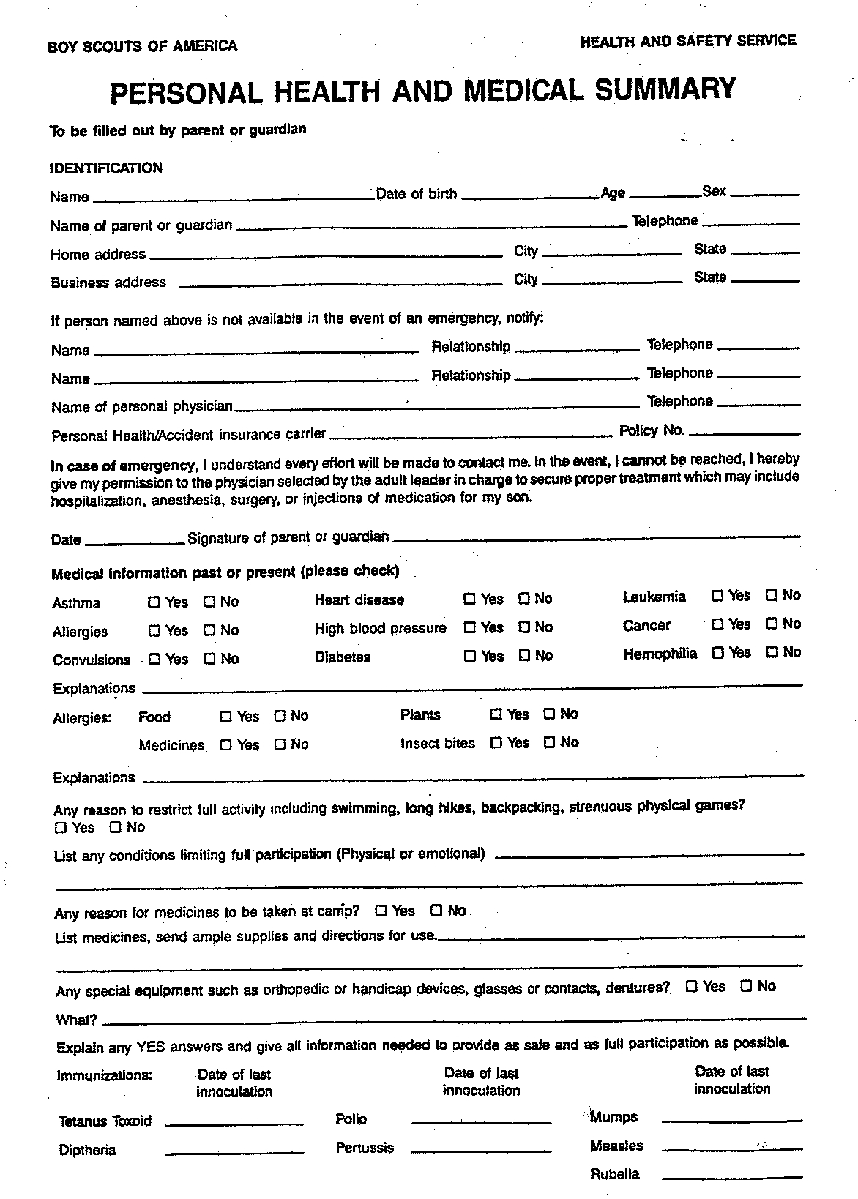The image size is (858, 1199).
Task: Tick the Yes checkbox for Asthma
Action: coord(154,602)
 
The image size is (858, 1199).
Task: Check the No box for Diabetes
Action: coord(524,655)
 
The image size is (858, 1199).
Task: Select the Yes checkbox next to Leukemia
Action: coord(717,595)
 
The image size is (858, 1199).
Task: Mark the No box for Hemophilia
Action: coord(771,651)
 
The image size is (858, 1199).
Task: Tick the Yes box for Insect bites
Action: coord(496,743)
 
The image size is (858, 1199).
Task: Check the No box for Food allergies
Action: coord(280,716)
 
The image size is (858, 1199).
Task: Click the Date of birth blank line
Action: coord(530,196)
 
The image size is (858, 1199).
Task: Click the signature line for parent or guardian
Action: coord(596,538)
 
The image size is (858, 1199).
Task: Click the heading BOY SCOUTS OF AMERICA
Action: coord(142,46)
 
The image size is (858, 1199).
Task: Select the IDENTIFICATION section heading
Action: coord(106,168)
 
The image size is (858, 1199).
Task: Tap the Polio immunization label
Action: coord(351,1119)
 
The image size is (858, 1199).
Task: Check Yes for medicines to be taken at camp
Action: coord(381,911)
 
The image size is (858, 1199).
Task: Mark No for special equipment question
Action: coord(747,986)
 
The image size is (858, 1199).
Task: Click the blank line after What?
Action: coord(454,1017)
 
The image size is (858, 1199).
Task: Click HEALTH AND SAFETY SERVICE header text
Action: coord(687,42)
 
